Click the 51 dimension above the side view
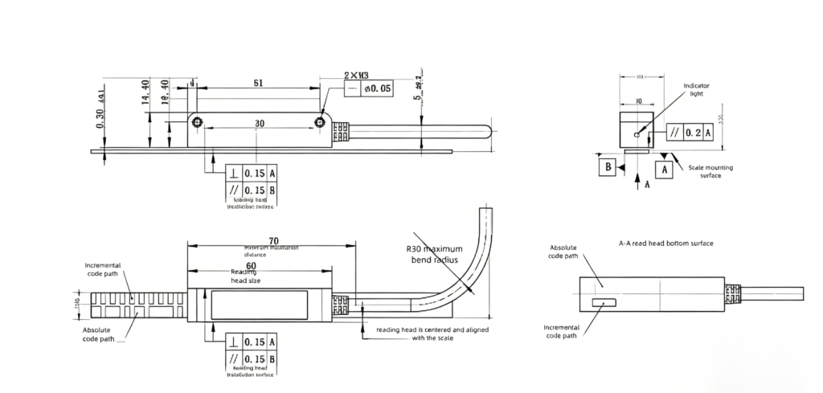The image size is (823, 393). tap(256, 83)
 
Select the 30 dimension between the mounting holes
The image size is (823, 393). tap(260, 124)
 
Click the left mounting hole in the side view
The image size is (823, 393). tap(197, 123)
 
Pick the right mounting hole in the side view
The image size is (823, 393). tap(320, 122)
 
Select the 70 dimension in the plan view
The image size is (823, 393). tap(273, 239)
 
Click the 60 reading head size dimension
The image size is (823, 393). tap(251, 265)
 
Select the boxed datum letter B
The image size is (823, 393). tap(609, 166)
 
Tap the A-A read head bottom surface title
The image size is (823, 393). tap(665, 243)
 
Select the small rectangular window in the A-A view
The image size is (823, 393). tap(603, 303)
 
